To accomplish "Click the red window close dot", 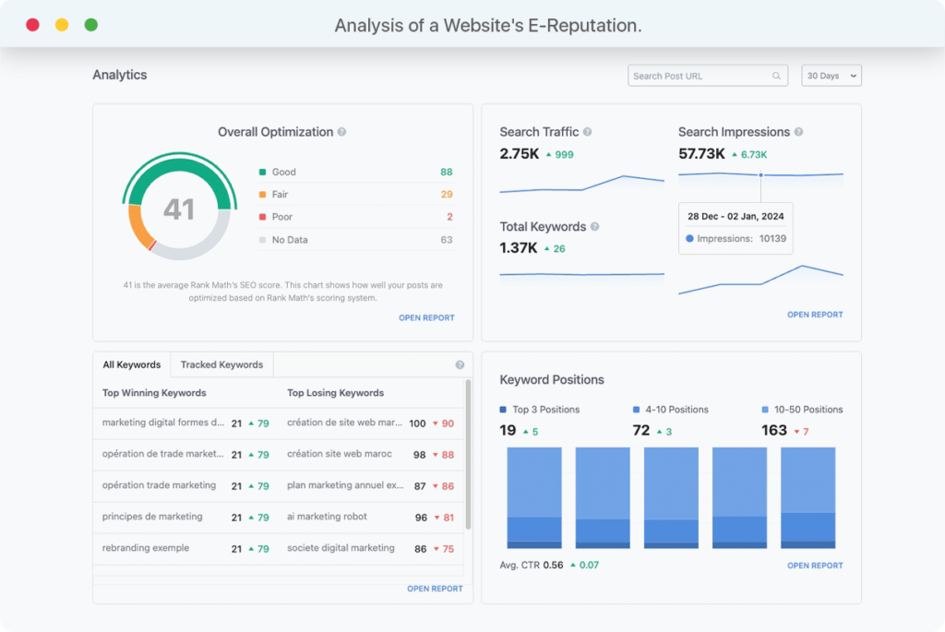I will click(x=32, y=25).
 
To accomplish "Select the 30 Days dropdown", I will click(x=831, y=76).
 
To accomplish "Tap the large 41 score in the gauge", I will click(x=178, y=209).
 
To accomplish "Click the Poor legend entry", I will click(x=281, y=217).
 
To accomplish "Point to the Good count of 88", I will click(x=446, y=172).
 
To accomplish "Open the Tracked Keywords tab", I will click(x=221, y=364).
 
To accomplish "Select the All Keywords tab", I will click(x=131, y=364).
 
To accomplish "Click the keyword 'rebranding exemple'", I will click(x=145, y=548).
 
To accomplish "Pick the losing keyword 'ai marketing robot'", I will click(x=327, y=517).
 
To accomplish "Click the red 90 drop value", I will click(x=448, y=423).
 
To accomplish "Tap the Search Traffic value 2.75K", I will click(x=519, y=154).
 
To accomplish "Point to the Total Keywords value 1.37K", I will click(x=519, y=248).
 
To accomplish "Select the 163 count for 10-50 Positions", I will click(x=774, y=430).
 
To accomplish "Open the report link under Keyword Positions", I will click(x=815, y=566).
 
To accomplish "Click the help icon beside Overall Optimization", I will click(x=341, y=132).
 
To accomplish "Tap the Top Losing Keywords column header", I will click(x=335, y=393).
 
